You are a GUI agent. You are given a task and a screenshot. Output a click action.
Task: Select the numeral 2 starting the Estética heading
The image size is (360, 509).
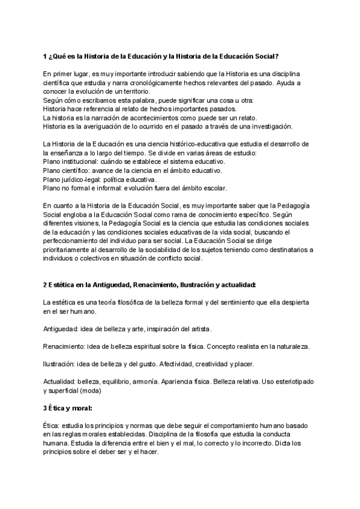pos(45,285)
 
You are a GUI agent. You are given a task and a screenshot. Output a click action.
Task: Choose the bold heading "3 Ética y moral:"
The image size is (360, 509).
pos(67,408)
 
